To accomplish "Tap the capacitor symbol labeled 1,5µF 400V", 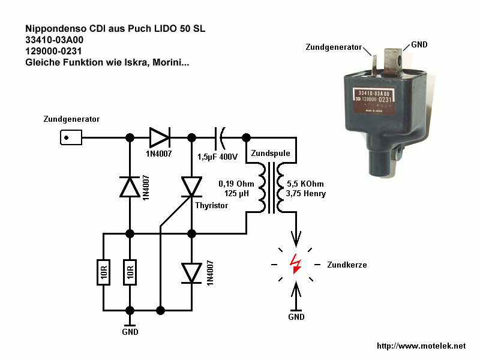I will coord(220,138).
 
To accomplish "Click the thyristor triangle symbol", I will coord(192,187).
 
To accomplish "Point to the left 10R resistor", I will coord(103,272).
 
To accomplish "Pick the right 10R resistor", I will coord(130,272).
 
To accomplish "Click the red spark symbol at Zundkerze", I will coord(295,264).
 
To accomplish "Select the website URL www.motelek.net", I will coord(421,346).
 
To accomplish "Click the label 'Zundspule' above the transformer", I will coord(270,154).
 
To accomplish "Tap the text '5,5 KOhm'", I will coord(306,184).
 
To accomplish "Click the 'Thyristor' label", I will coord(211,205).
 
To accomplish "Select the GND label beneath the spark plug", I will coord(296,317).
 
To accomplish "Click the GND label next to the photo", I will coord(419,46).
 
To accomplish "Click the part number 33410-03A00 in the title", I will coord(59,40).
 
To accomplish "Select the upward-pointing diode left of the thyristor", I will coord(130,187).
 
